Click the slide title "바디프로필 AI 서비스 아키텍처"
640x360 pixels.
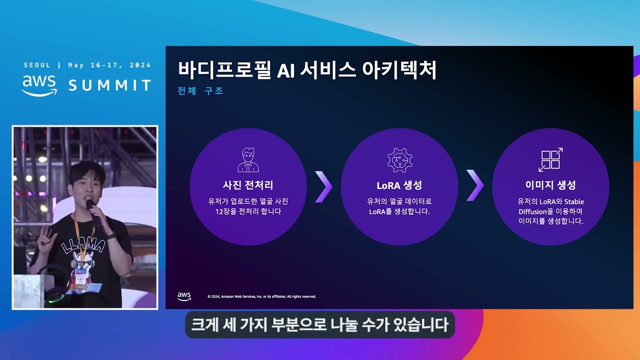[307, 70]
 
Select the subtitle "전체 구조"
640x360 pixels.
[200, 91]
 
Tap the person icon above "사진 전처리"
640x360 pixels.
[248, 159]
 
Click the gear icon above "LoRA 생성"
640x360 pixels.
[399, 160]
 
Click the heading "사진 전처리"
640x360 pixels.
[248, 185]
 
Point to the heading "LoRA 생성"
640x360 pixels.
[399, 185]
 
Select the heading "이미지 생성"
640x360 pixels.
[550, 185]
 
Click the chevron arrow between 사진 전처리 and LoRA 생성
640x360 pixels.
[323, 186]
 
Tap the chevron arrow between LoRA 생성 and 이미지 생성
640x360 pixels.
[475, 185]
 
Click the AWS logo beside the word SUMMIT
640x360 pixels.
[39, 85]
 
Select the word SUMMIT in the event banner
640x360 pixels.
[109, 85]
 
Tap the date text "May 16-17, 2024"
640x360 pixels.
[109, 65]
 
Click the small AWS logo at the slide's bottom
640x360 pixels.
[184, 296]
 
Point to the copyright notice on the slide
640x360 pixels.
[261, 296]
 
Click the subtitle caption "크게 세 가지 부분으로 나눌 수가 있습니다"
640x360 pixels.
[320, 325]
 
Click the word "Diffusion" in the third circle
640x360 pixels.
[532, 211]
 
